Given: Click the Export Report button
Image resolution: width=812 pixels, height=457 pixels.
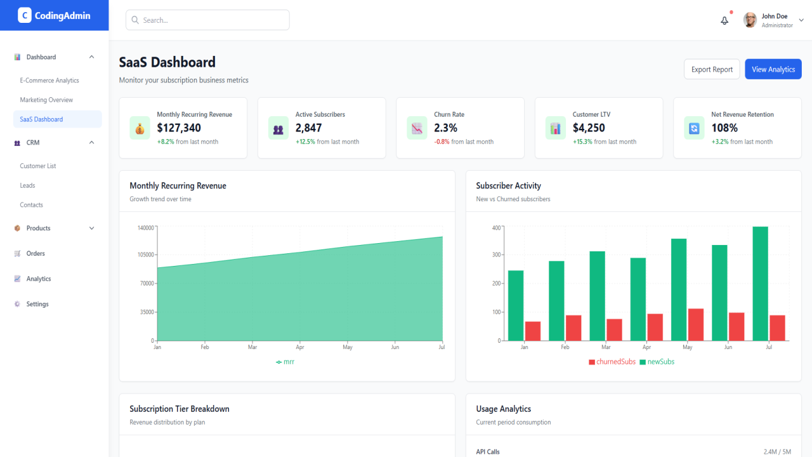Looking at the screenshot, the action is click(x=712, y=69).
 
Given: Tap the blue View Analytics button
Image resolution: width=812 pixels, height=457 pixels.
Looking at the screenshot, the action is click(x=773, y=69).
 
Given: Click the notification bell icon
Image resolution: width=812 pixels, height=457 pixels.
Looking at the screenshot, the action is click(x=724, y=20).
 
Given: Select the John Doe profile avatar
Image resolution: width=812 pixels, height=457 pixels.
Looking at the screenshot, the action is click(x=750, y=20).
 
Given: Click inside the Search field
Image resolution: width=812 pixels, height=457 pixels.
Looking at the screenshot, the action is click(x=207, y=20).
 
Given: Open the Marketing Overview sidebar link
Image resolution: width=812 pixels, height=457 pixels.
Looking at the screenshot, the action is click(x=46, y=100).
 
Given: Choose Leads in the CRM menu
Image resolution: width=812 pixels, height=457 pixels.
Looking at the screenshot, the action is click(x=27, y=185).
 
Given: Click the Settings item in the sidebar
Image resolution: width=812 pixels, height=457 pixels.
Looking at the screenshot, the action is click(x=37, y=304).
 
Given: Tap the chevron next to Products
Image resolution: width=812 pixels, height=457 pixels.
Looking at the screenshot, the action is click(x=92, y=228).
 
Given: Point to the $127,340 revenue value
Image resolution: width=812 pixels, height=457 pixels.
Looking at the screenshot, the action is click(x=179, y=128).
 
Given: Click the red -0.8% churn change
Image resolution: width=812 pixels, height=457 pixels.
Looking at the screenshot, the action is click(x=442, y=142).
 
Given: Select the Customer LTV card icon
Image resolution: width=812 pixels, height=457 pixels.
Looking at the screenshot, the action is click(x=555, y=128).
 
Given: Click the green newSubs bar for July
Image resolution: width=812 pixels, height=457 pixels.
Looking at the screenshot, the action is click(x=760, y=284).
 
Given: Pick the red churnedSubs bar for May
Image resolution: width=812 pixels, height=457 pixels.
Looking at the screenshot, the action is click(x=696, y=324).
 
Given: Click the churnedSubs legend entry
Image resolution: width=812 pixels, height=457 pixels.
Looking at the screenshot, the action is click(x=612, y=362).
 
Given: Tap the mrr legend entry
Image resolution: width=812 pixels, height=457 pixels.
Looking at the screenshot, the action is click(x=285, y=362).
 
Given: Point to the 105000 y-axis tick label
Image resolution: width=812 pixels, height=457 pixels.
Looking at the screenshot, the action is click(x=146, y=255).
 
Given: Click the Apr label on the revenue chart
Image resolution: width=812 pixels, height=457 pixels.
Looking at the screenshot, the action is click(x=300, y=347).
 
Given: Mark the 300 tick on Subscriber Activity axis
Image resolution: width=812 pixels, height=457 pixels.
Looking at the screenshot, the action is click(x=496, y=255).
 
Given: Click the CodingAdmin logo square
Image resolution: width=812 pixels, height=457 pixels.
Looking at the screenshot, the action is click(x=25, y=15).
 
